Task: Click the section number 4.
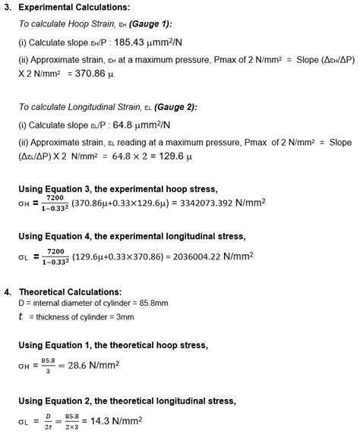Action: (7, 292)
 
